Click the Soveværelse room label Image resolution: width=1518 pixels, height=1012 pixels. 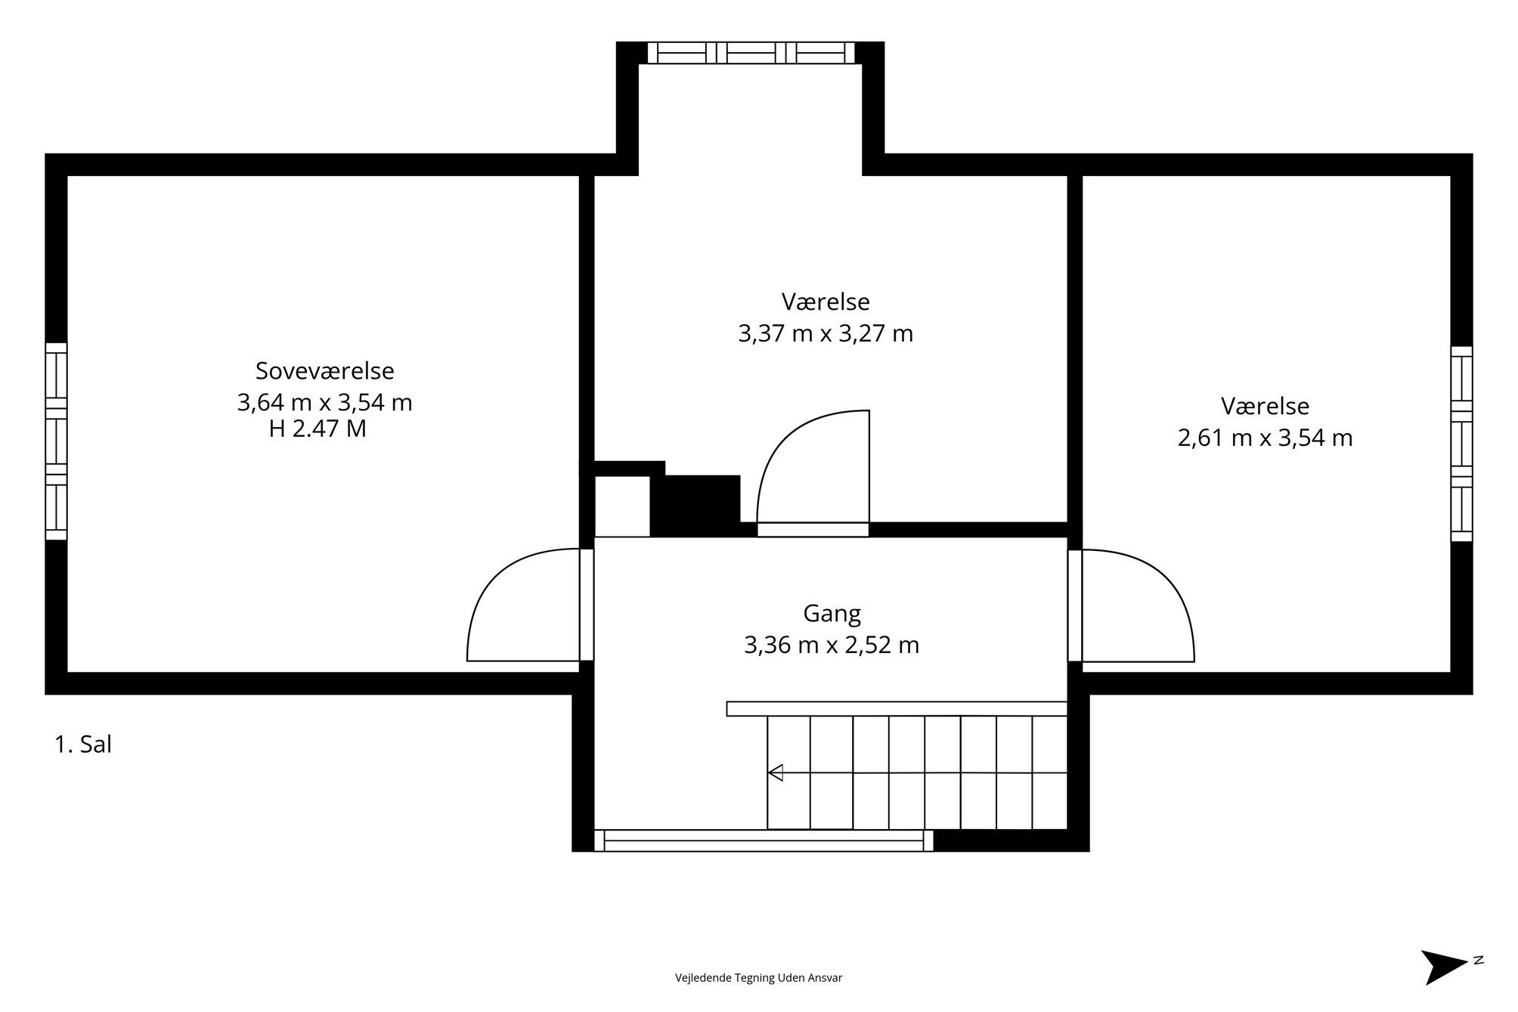click(x=324, y=371)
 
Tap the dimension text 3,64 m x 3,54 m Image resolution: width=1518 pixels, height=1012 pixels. click(x=324, y=403)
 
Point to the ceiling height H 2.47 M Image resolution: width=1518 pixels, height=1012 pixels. click(x=318, y=429)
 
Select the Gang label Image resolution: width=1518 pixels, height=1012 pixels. click(x=832, y=614)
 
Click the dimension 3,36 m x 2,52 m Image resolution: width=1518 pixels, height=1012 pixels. click(x=832, y=645)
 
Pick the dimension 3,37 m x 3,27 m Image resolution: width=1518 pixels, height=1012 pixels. click(x=826, y=333)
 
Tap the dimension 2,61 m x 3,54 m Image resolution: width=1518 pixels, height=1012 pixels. click(x=1265, y=438)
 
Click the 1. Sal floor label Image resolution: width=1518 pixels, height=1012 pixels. click(x=83, y=744)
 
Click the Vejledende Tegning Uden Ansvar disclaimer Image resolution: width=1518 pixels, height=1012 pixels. click(x=758, y=978)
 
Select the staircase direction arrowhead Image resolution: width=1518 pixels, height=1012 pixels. click(x=775, y=772)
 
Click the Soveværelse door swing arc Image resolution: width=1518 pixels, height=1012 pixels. click(x=491, y=582)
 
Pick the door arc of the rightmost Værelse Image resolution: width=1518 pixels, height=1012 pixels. click(x=1168, y=582)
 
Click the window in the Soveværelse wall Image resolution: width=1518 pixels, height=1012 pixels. click(x=56, y=441)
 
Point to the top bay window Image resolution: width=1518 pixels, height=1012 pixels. click(x=751, y=52)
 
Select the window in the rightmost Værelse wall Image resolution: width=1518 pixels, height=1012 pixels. click(x=1461, y=444)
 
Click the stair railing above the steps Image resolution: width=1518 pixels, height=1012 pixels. click(x=897, y=709)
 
